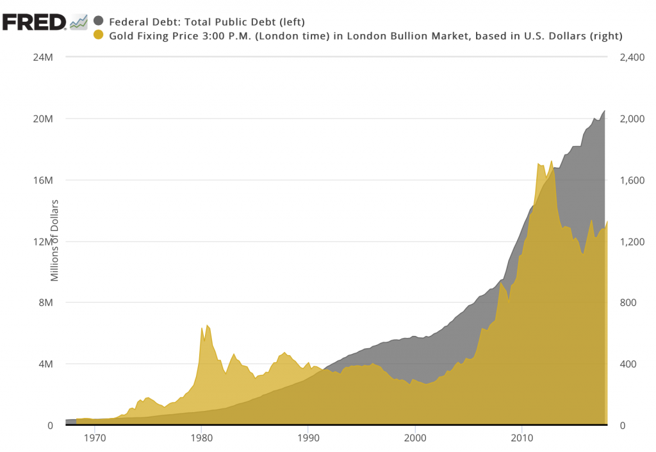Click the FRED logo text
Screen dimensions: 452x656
pyautogui.click(x=33, y=22)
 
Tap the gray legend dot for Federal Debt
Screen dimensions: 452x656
pyautogui.click(x=99, y=21)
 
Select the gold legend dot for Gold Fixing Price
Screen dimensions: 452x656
pyautogui.click(x=99, y=35)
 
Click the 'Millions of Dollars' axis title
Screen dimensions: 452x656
pyautogui.click(x=55, y=240)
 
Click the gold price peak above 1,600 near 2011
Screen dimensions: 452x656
pyautogui.click(x=538, y=164)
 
